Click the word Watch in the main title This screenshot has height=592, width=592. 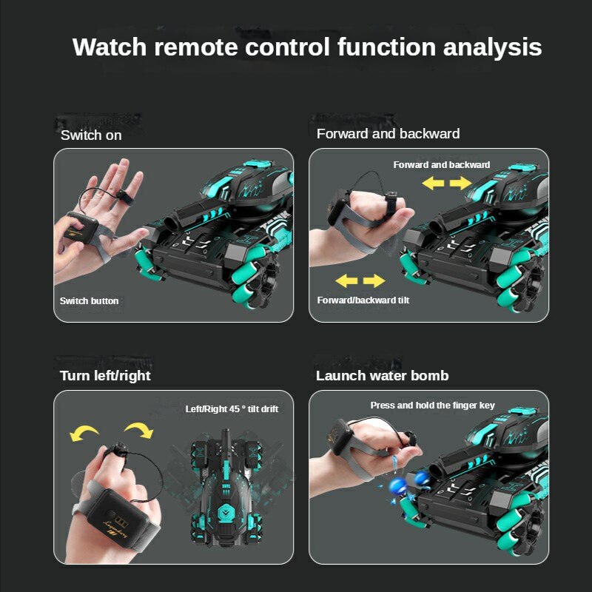(x=110, y=47)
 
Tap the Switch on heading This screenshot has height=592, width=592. (x=91, y=135)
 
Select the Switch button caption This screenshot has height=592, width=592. (x=89, y=300)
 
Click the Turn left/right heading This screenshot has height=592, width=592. (x=105, y=376)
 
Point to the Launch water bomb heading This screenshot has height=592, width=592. (x=382, y=376)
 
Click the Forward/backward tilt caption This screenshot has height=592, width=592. (x=363, y=300)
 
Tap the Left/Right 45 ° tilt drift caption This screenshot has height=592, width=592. (x=232, y=409)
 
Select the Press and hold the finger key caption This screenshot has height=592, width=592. (x=433, y=406)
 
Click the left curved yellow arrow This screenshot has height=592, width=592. (x=84, y=432)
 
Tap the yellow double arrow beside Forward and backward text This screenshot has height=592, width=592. (x=450, y=183)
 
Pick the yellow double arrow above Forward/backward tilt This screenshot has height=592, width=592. (x=360, y=280)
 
